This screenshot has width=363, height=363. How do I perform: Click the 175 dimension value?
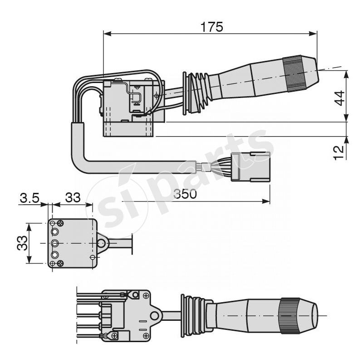(212, 27)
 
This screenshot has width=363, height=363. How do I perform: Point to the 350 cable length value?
(186, 194)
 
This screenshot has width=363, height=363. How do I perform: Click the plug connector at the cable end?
(250, 167)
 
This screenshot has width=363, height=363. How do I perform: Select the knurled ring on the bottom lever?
(289, 316)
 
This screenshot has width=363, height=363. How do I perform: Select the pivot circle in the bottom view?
(155, 315)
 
